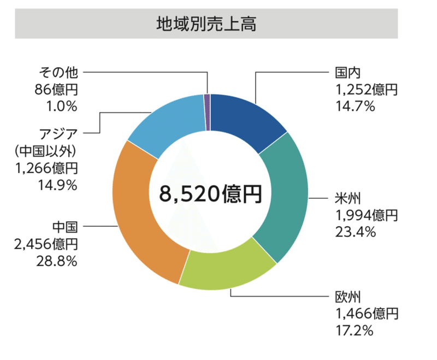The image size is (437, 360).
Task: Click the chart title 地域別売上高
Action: tap(206, 24)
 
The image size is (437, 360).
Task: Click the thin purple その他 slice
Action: tap(207, 112)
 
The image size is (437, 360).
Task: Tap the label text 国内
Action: tap(347, 73)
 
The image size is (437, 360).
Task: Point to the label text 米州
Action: tap(347, 198)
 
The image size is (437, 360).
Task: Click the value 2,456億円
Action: tap(46, 244)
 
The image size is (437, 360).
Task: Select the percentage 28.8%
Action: tap(56, 261)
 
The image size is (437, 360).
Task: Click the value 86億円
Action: tap(56, 89)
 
